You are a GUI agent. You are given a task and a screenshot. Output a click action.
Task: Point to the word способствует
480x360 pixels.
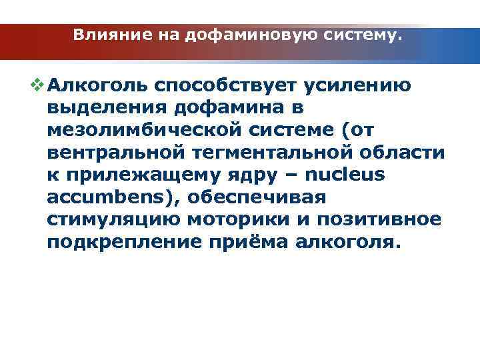pyautogui.click(x=225, y=85)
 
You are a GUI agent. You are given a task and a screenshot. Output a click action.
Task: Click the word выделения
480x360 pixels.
pyautogui.click(x=109, y=107)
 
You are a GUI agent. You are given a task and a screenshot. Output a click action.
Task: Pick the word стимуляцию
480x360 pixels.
pyautogui.click(x=111, y=220)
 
